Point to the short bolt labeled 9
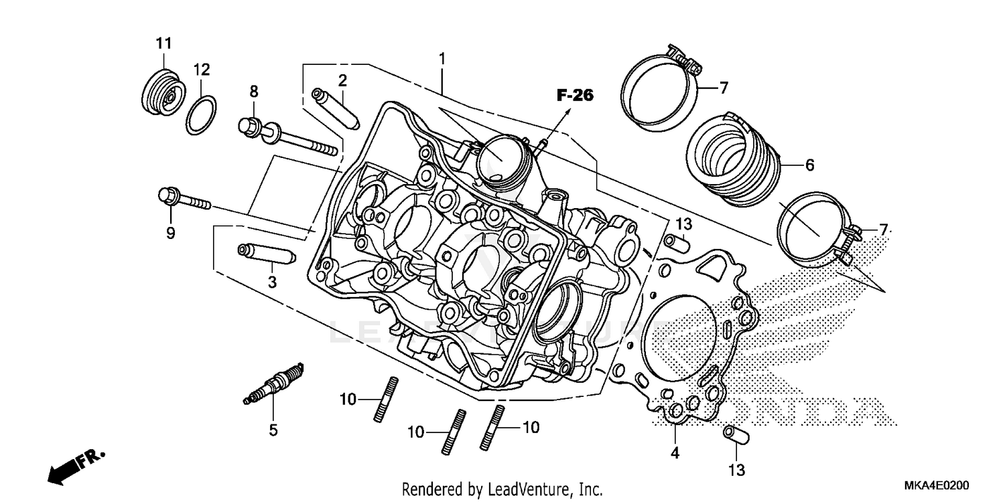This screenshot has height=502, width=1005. (x=184, y=199)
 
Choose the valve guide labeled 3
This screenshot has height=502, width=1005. (x=266, y=254)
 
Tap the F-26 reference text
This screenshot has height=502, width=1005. (x=574, y=96)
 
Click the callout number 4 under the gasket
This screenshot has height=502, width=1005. (x=675, y=453)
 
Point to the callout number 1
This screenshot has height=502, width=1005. (x=442, y=58)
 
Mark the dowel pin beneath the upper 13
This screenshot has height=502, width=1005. (x=677, y=241)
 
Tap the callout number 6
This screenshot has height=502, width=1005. (x=809, y=165)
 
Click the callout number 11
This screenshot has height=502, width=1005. (x=163, y=44)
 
